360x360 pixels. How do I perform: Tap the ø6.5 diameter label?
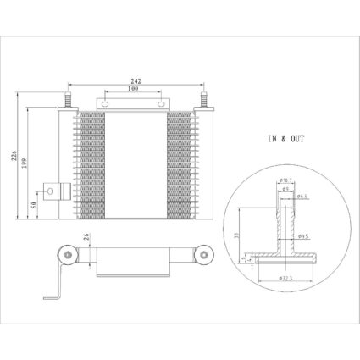302,196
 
